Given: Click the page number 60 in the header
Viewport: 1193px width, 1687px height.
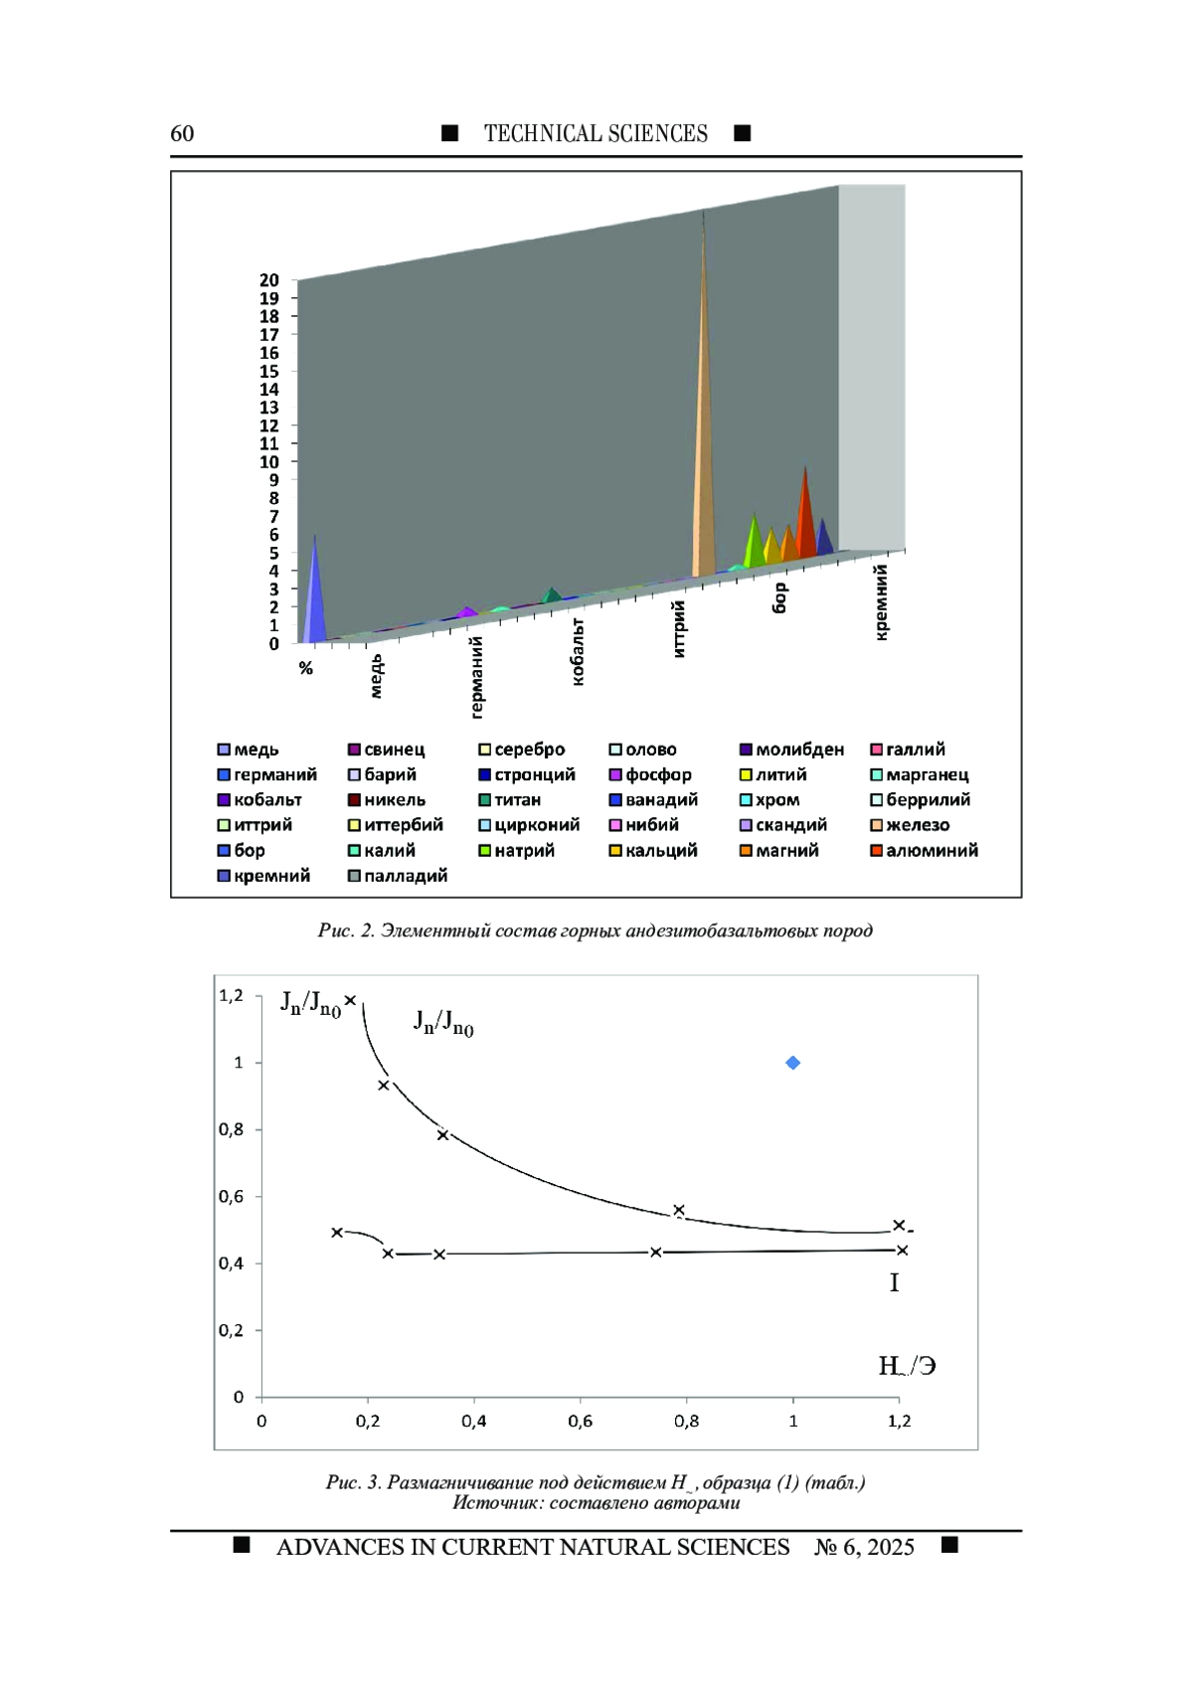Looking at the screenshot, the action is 182,133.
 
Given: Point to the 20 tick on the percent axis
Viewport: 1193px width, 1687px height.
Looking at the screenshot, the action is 269,280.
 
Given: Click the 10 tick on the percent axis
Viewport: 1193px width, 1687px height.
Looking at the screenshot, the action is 269,461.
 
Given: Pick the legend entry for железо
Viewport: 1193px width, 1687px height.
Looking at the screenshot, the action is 911,825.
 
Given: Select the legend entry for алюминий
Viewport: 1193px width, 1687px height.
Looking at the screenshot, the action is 925,850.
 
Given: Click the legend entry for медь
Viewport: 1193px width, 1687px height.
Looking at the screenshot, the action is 248,751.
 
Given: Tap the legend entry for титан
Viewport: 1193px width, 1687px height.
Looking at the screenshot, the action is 510,800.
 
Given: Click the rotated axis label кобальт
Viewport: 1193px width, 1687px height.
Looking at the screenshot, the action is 578,652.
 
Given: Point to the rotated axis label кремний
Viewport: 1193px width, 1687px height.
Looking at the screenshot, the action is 881,602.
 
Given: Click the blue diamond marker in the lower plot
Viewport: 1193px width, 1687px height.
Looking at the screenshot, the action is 792,1063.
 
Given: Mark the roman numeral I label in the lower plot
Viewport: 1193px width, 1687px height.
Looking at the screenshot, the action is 894,1282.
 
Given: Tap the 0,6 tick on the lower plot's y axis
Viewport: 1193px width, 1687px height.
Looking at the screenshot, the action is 232,1197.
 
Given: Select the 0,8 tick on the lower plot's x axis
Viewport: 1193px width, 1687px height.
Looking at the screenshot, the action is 686,1422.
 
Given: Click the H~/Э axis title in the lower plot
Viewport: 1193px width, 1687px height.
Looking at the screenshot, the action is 907,1366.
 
